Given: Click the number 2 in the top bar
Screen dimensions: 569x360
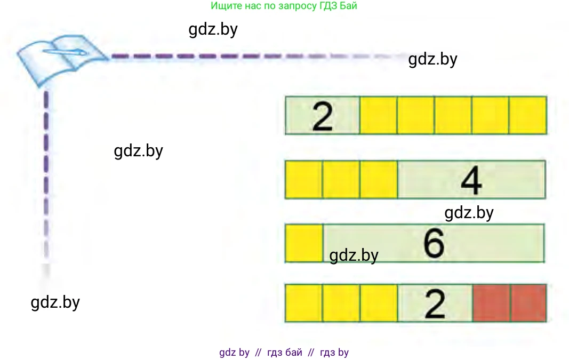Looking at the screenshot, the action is [x=322, y=117].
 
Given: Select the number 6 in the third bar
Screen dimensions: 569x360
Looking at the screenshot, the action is [x=434, y=243].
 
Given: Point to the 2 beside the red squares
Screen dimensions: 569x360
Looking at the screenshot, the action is [x=435, y=304].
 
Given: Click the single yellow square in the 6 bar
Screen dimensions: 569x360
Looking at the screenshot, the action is [x=304, y=243].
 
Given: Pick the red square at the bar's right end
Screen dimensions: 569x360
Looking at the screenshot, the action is [x=528, y=303].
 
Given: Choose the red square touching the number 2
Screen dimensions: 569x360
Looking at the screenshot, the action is [x=491, y=303].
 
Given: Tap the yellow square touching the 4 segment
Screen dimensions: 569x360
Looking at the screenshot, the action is [x=379, y=179].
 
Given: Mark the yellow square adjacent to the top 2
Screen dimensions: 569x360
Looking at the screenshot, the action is [x=379, y=115].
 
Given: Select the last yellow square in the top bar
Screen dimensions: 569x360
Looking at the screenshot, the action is [x=527, y=115].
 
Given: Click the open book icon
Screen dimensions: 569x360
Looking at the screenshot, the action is [x=62, y=60].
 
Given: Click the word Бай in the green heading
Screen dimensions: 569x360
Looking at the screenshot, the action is [x=349, y=6].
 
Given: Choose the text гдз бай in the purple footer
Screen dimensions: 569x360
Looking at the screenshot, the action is [x=285, y=353].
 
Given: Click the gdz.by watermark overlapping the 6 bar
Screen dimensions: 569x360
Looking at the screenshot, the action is [x=354, y=255].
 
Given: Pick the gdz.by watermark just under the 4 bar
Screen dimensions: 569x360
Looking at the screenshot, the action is [x=469, y=213].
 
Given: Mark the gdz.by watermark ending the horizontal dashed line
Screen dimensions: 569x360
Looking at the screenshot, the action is [x=433, y=59].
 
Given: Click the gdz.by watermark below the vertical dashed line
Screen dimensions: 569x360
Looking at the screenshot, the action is [x=55, y=302].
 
